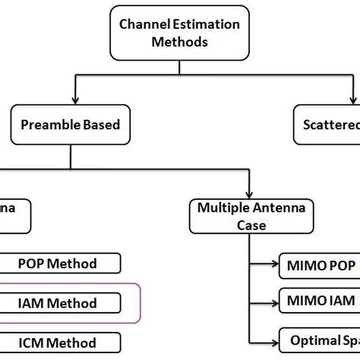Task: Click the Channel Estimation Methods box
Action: pyautogui.click(x=179, y=33)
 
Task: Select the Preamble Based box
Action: pyautogui.click(x=70, y=124)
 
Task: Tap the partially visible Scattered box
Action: pyautogui.click(x=327, y=124)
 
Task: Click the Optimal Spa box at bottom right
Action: pyautogui.click(x=319, y=339)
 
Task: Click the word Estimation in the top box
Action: pyautogui.click(x=204, y=24)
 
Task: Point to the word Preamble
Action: pyautogui.click(x=52, y=124)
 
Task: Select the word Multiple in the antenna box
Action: pyautogui.click(x=223, y=207)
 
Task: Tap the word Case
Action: pyautogui.click(x=250, y=225)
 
